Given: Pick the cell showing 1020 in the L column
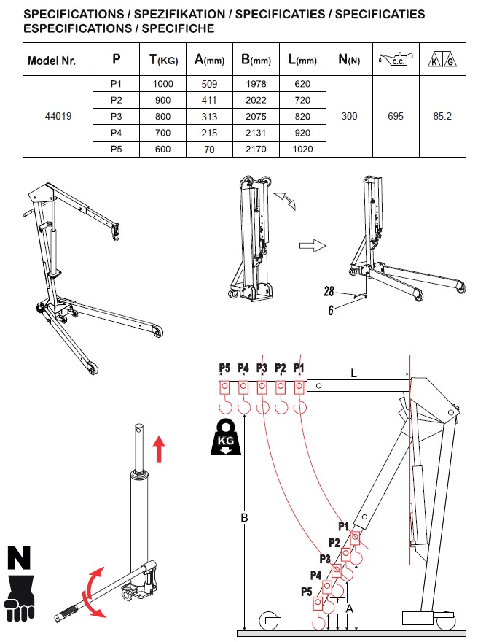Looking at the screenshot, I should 302,149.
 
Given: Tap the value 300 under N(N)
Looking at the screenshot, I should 350,116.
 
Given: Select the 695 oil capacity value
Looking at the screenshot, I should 396,116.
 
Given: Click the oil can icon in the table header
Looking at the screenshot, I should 396,59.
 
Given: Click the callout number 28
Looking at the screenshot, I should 329,291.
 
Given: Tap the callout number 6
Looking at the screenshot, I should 330,309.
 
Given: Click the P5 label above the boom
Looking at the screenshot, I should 224,367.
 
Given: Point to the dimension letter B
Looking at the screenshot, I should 245,518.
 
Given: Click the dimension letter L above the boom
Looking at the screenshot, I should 354,373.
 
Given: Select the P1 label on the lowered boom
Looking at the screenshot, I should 344,525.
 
